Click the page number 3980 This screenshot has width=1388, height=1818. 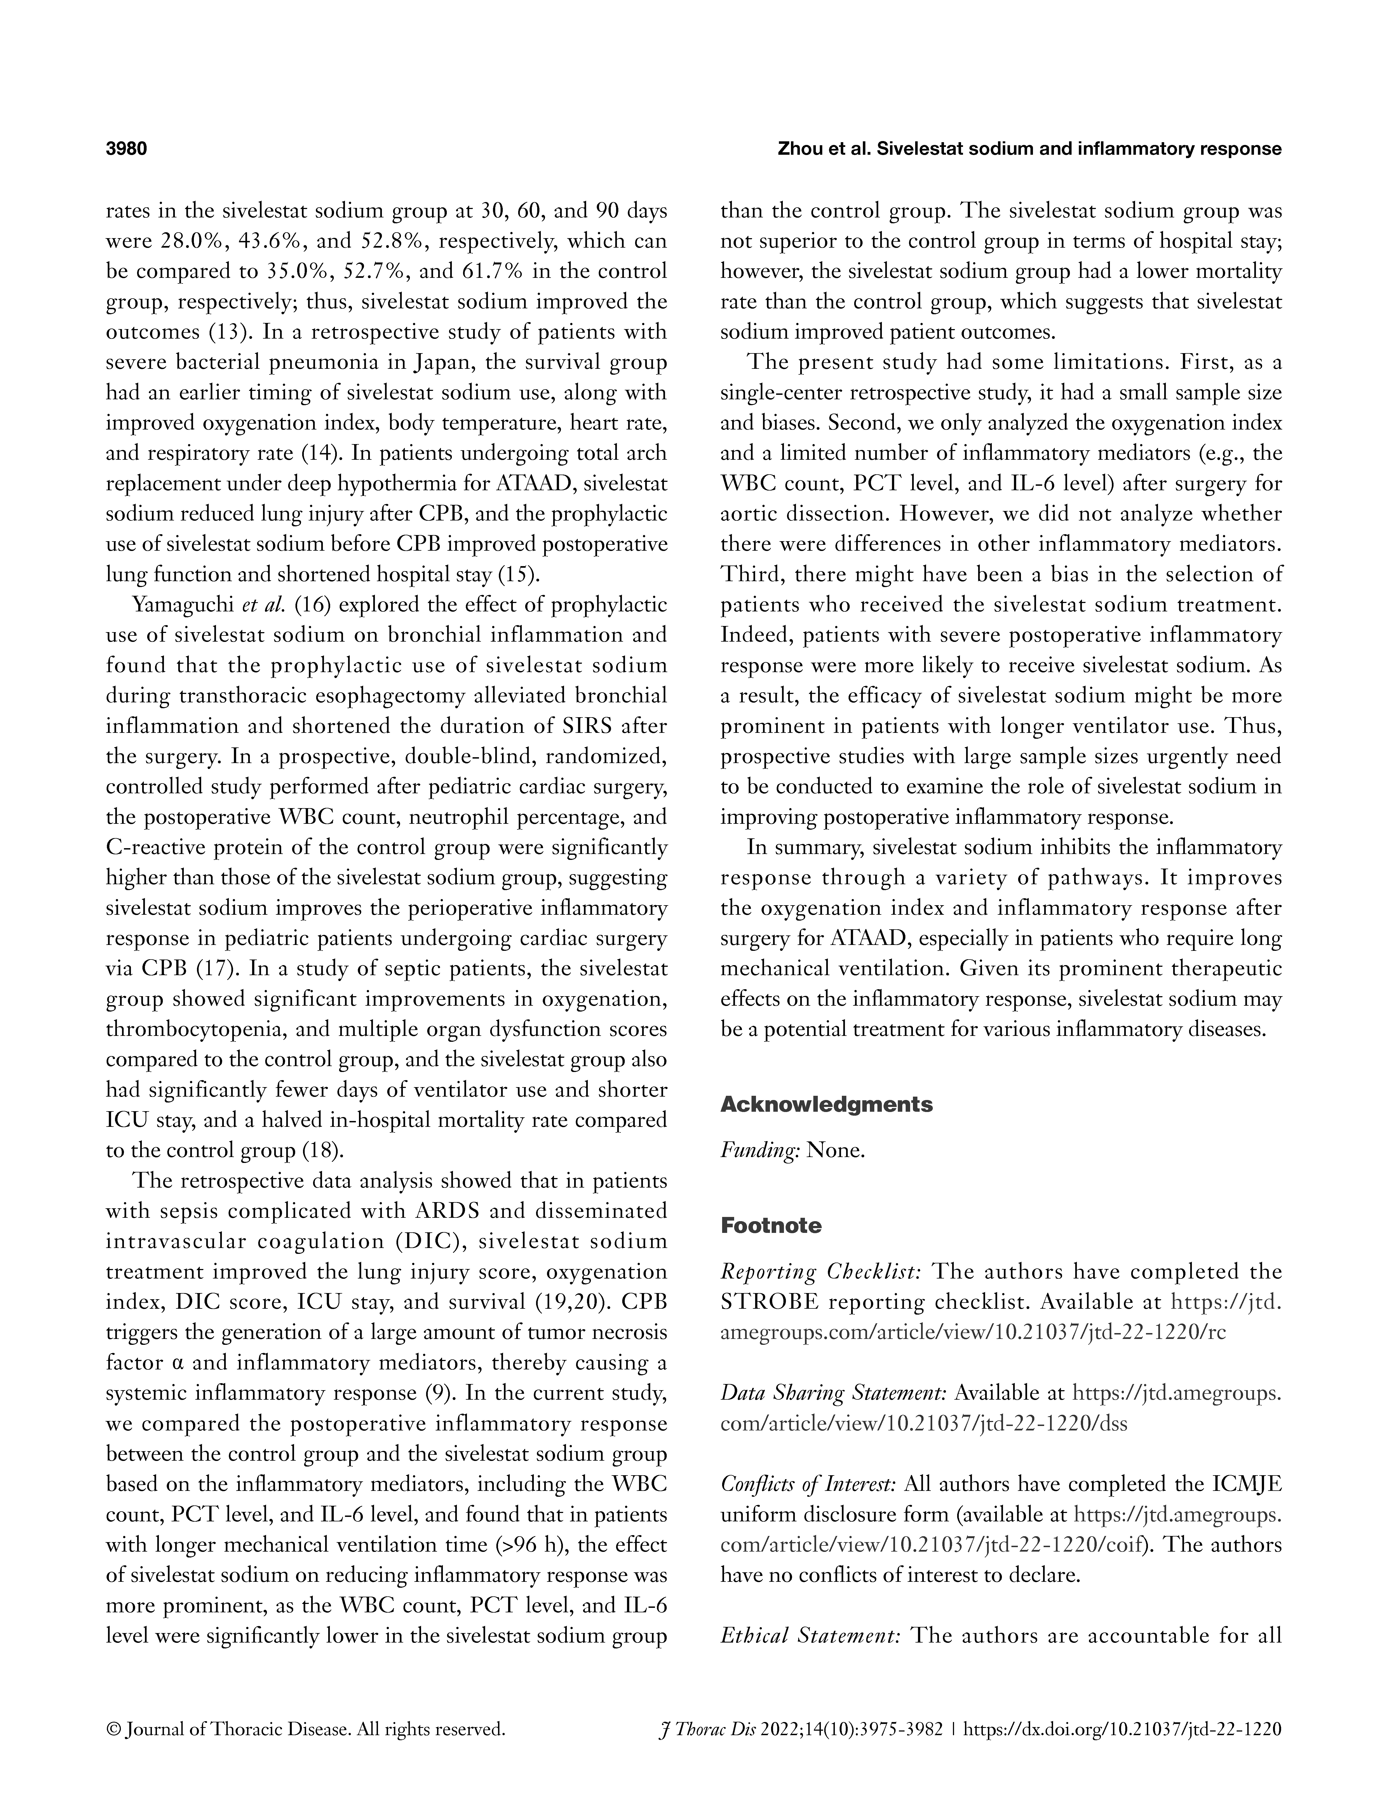pyautogui.click(x=126, y=150)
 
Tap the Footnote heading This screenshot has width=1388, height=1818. pyautogui.click(x=771, y=1226)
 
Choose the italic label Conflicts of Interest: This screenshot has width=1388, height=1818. pyautogui.click(x=808, y=1484)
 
